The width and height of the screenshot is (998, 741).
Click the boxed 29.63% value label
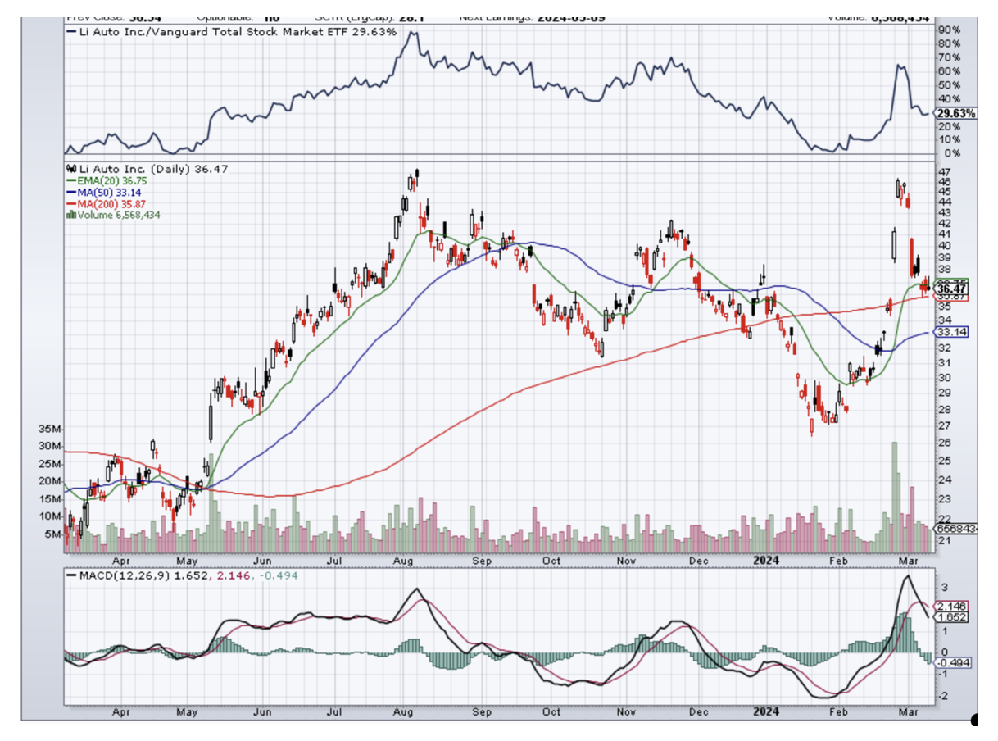click(x=957, y=113)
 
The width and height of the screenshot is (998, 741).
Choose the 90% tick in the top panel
click(x=950, y=30)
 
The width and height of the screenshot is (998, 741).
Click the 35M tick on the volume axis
click(x=51, y=429)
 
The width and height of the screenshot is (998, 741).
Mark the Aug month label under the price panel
click(x=402, y=561)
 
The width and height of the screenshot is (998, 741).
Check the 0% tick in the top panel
click(x=948, y=153)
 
